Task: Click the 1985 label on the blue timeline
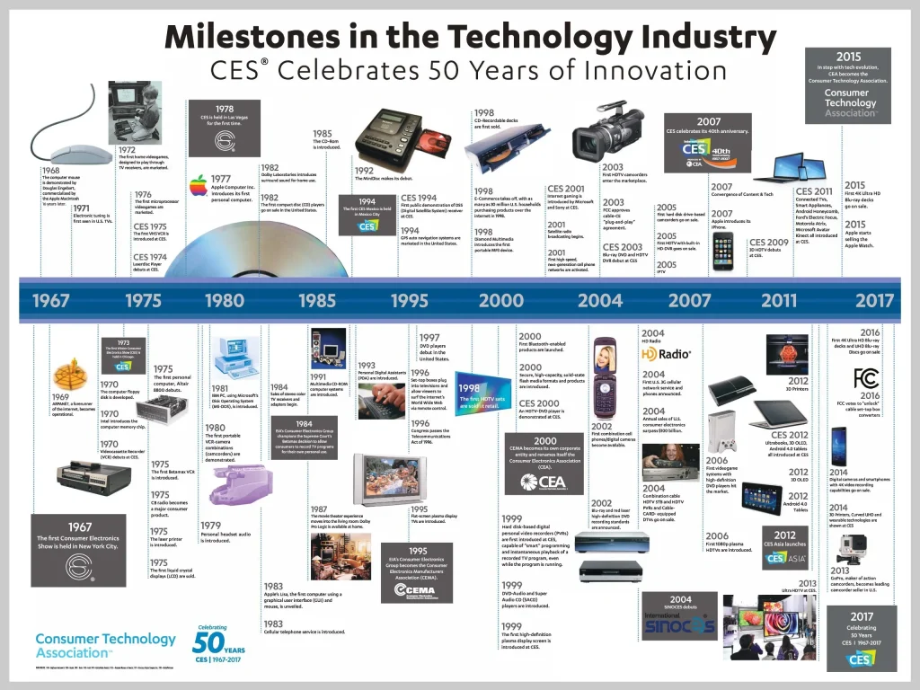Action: tap(317, 301)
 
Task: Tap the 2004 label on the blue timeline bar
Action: tap(599, 301)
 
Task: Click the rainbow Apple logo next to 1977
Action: tap(198, 186)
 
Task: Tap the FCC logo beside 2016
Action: tap(867, 376)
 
